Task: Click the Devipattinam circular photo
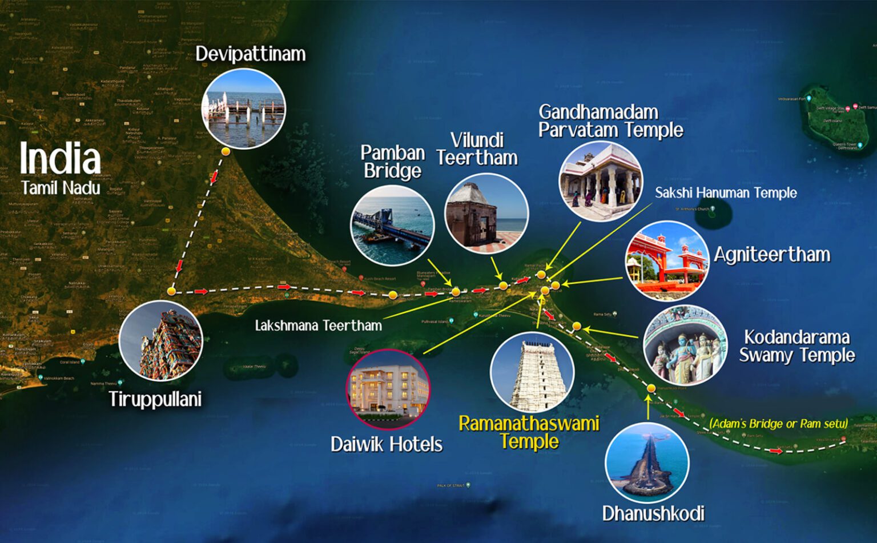click(x=244, y=108)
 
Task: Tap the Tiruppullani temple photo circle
click(x=161, y=341)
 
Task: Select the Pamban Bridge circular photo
click(x=392, y=226)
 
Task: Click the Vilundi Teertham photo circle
click(x=486, y=214)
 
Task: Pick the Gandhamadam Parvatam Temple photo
click(x=601, y=181)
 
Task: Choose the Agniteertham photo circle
click(x=667, y=261)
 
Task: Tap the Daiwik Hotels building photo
click(x=388, y=389)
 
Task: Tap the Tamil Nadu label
click(x=61, y=188)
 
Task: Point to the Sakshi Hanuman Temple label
click(x=726, y=193)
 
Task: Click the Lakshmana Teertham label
click(x=318, y=325)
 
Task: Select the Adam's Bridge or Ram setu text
click(x=778, y=424)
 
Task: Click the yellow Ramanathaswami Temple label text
click(x=529, y=432)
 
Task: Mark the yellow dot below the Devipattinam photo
click(x=226, y=151)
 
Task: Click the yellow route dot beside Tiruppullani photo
click(x=171, y=291)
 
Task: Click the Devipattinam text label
click(x=250, y=54)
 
